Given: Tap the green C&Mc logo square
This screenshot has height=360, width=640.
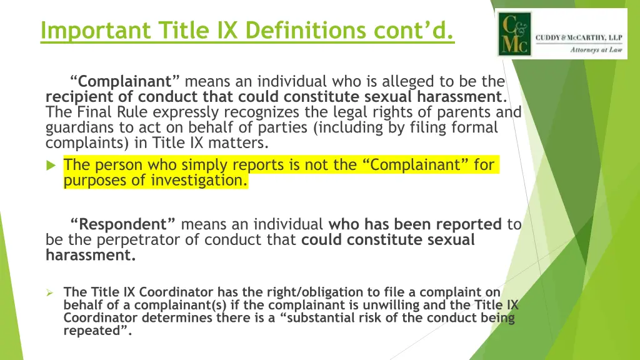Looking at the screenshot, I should click(x=514, y=34).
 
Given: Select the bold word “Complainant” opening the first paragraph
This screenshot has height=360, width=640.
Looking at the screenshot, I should click(x=125, y=82).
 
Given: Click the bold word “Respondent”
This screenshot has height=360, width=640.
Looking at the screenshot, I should click(x=123, y=224).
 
